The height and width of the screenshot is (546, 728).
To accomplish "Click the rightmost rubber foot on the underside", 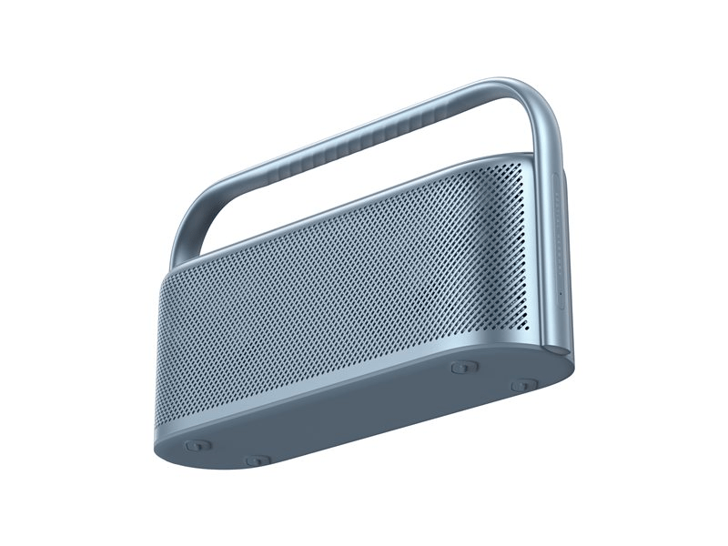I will click(523, 386).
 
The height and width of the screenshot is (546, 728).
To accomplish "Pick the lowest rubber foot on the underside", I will click(257, 460).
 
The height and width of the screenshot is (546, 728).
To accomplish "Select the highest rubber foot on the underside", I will click(464, 367).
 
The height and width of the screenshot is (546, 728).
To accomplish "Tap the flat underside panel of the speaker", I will click(364, 414).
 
